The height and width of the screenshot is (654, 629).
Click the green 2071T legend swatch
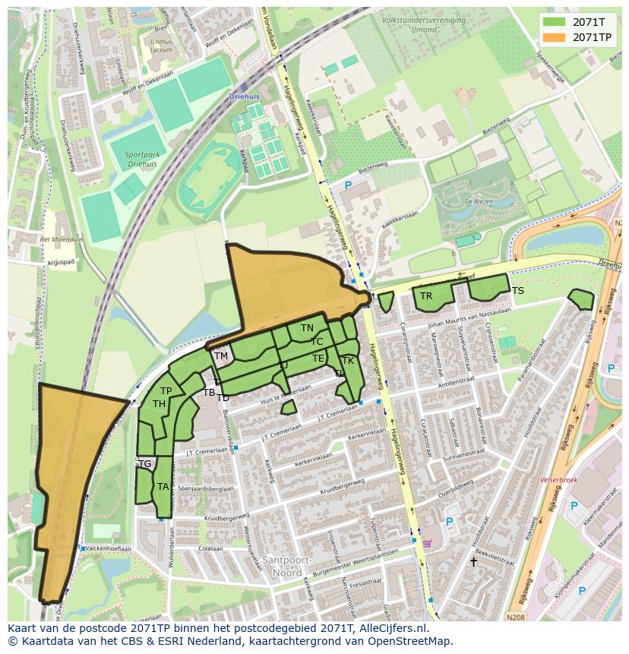(x=555, y=22)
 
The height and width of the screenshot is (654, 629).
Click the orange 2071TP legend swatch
(x=555, y=36)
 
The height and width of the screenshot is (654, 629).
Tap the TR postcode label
(x=426, y=296)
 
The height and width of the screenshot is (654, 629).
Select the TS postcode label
(x=517, y=291)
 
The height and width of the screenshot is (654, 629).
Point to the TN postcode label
(x=307, y=328)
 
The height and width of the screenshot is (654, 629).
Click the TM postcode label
(x=221, y=355)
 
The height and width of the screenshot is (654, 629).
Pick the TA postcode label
(x=163, y=487)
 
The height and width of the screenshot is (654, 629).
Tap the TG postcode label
(x=144, y=463)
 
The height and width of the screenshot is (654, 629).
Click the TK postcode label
(x=347, y=360)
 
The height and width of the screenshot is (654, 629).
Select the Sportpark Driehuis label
(x=142, y=159)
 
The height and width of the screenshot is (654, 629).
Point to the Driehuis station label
(x=244, y=97)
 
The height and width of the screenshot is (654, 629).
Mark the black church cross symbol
(x=473, y=562)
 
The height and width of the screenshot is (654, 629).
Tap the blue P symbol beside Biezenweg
(x=348, y=185)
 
